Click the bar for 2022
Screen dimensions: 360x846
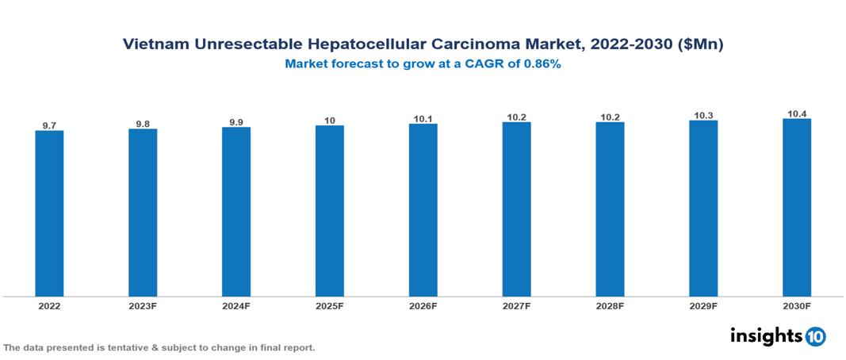coord(49,213)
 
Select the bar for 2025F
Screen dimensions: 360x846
coord(329,211)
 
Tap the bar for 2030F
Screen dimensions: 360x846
coord(797,208)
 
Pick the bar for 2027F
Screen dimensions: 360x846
coord(516,209)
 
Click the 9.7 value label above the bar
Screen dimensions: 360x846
coord(49,125)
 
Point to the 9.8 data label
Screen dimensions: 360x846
coord(143,124)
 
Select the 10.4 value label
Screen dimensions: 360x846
coord(797,113)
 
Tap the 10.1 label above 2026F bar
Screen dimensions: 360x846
coord(423,119)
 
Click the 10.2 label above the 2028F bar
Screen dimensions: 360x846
coord(610,117)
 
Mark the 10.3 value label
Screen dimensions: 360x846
coord(703,115)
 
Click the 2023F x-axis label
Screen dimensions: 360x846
coord(143,306)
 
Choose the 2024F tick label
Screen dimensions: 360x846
coord(235,306)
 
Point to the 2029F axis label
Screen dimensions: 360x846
coord(703,306)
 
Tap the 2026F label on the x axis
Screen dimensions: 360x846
coord(423,306)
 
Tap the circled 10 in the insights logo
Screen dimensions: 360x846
coord(815,336)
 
